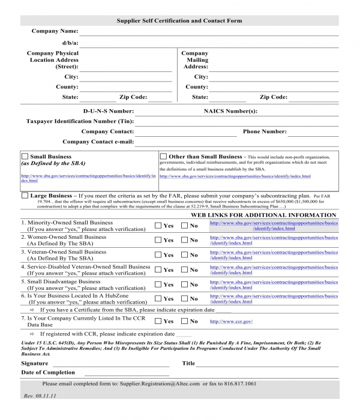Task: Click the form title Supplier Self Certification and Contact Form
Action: coord(179,21)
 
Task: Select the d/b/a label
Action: coord(70,43)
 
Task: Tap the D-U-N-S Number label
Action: coord(108,111)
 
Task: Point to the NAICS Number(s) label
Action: coord(230,111)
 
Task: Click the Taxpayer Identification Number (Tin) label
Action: coord(80,121)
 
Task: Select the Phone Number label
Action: coord(265,131)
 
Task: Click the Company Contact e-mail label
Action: coord(98,142)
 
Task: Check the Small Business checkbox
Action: coord(25,156)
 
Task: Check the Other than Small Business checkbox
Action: coord(163,156)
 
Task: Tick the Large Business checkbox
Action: coord(25,196)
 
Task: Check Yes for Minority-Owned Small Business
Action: coord(158,226)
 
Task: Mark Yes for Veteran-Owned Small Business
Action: coord(158,255)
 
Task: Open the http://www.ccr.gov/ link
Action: coord(231,322)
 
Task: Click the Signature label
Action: coord(34,363)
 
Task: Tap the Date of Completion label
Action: coord(48,373)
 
